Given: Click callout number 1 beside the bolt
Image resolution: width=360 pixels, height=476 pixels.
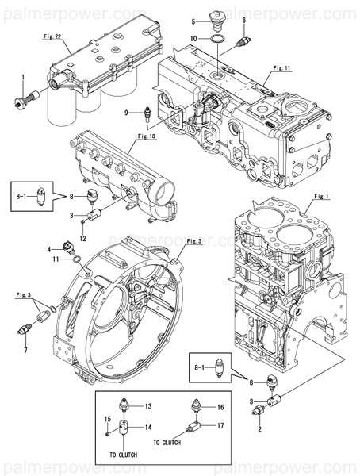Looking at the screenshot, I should click(23, 76).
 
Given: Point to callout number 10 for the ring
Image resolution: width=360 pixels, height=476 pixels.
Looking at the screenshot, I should click(194, 38).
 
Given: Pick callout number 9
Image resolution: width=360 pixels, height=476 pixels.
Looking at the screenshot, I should click(125, 113).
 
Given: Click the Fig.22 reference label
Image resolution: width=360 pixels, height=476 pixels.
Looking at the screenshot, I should click(52, 36).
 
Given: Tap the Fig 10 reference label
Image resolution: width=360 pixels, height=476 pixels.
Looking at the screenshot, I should click(147, 136).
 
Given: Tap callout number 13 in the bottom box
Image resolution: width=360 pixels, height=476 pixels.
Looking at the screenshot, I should click(147, 405).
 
